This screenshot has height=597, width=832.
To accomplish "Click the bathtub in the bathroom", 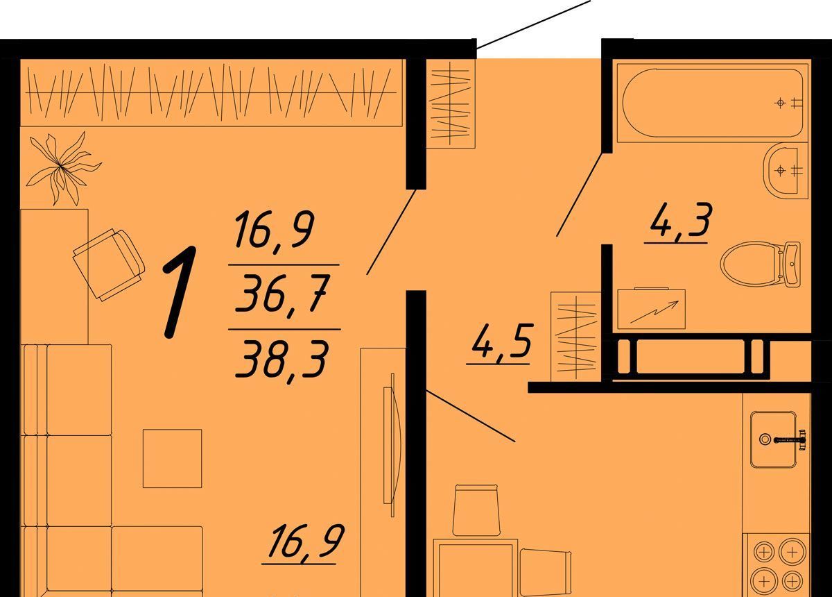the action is pyautogui.click(x=713, y=103).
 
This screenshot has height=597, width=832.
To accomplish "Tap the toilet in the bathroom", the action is pyautogui.click(x=760, y=264).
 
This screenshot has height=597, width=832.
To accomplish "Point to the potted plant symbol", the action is pyautogui.click(x=61, y=167).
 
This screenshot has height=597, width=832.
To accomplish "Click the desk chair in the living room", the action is pyautogui.click(x=109, y=264).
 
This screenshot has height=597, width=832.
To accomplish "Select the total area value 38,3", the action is pyautogui.click(x=283, y=361).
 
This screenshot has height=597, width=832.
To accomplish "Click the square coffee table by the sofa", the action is pyautogui.click(x=173, y=458).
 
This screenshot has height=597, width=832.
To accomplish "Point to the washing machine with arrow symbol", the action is pyautogui.click(x=652, y=310).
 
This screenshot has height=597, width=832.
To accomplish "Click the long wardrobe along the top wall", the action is pyautogui.click(x=211, y=92).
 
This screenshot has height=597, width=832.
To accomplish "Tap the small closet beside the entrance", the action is pyautogui.click(x=451, y=103).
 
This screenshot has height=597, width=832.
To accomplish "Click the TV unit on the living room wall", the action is pyautogui.click(x=383, y=472).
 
